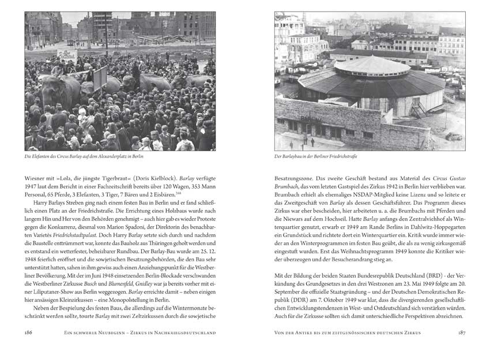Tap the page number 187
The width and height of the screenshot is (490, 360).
(x=458, y=332)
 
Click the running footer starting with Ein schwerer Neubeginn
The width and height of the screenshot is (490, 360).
(x=140, y=333)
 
